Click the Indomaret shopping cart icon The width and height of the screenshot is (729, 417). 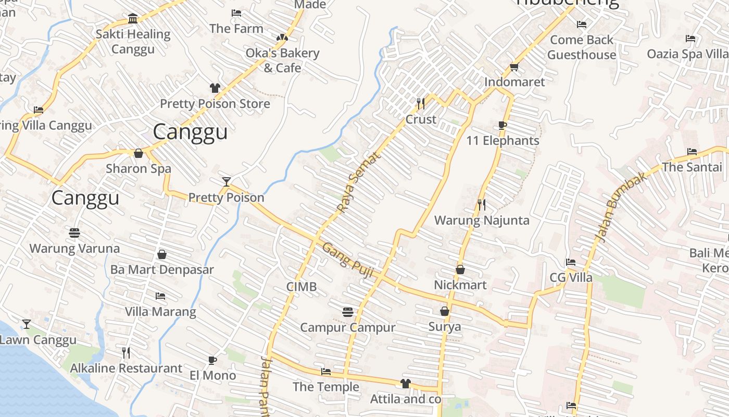[x=514, y=67]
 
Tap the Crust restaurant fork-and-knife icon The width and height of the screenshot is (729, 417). [x=421, y=104]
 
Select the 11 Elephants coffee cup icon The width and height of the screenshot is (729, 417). [x=502, y=125]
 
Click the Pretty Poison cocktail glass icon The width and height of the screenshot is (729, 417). [x=226, y=181]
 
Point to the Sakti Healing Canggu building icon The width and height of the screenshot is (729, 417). [x=133, y=19]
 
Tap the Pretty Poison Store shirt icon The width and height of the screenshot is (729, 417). [x=215, y=88]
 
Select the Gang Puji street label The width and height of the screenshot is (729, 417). [x=347, y=260]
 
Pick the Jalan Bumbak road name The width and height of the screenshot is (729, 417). [x=621, y=207]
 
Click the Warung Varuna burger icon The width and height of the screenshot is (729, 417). [x=74, y=232]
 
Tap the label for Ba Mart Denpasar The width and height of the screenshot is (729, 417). [x=162, y=269]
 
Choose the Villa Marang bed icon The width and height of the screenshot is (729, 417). [x=160, y=296]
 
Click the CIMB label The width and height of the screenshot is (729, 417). [x=301, y=287]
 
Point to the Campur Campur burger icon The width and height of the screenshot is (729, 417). [x=348, y=312]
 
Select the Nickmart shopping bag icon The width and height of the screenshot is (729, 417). [x=460, y=269]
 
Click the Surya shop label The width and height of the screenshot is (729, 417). [x=444, y=327]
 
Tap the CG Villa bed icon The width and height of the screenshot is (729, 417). [x=571, y=262]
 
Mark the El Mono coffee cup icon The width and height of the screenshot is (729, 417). [x=212, y=360]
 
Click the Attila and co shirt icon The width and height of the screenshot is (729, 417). [x=406, y=384]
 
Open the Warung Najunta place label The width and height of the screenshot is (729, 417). [x=482, y=220]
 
